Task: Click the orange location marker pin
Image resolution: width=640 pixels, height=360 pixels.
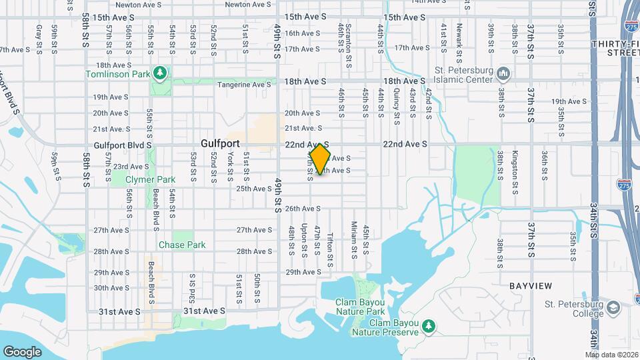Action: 320,159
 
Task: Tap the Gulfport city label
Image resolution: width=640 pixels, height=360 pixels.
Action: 221,143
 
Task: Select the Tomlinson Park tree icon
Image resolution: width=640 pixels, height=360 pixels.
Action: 159,72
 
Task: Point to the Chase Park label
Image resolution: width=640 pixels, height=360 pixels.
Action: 182,245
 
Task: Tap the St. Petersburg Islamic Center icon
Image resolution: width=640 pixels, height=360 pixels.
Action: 504,72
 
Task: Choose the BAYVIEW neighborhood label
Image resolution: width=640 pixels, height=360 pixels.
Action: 531,285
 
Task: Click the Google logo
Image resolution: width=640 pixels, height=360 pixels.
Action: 22,351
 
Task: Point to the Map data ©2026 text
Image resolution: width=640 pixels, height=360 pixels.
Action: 611,355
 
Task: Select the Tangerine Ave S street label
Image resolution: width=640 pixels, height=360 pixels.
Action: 245,84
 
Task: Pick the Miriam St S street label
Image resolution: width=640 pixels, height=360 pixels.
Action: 355,239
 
